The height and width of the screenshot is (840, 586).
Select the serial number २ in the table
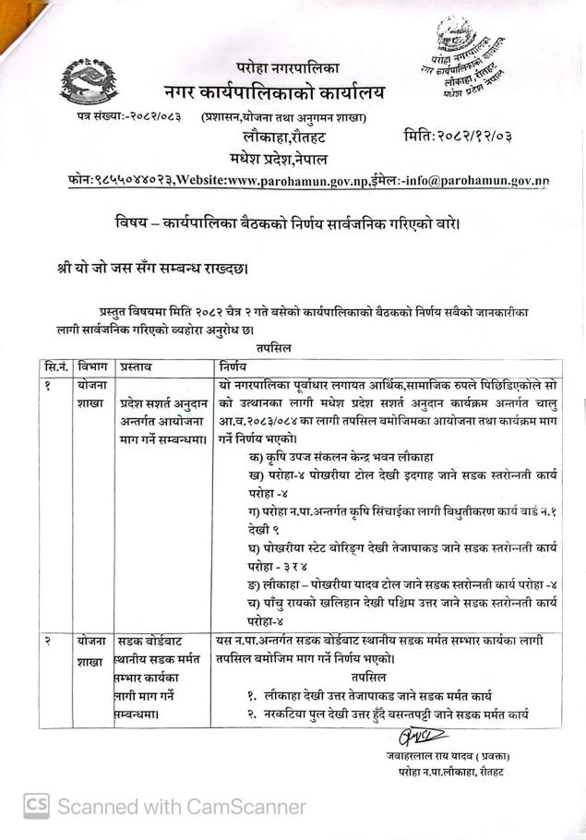coord(46,641)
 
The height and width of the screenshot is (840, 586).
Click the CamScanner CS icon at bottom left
coord(36,805)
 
